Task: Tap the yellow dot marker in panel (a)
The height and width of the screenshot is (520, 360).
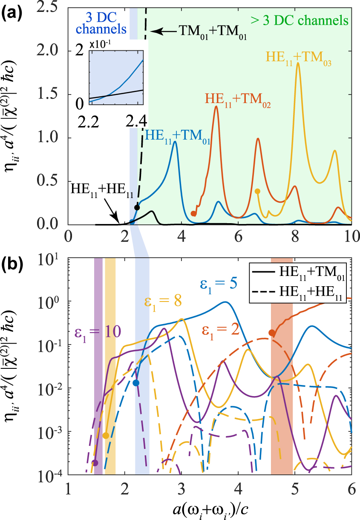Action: coord(257,191)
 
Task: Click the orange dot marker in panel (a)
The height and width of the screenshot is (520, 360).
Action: coord(193,213)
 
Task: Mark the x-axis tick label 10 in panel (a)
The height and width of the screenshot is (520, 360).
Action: coord(351,236)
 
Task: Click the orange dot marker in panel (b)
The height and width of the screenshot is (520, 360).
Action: coord(271,333)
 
